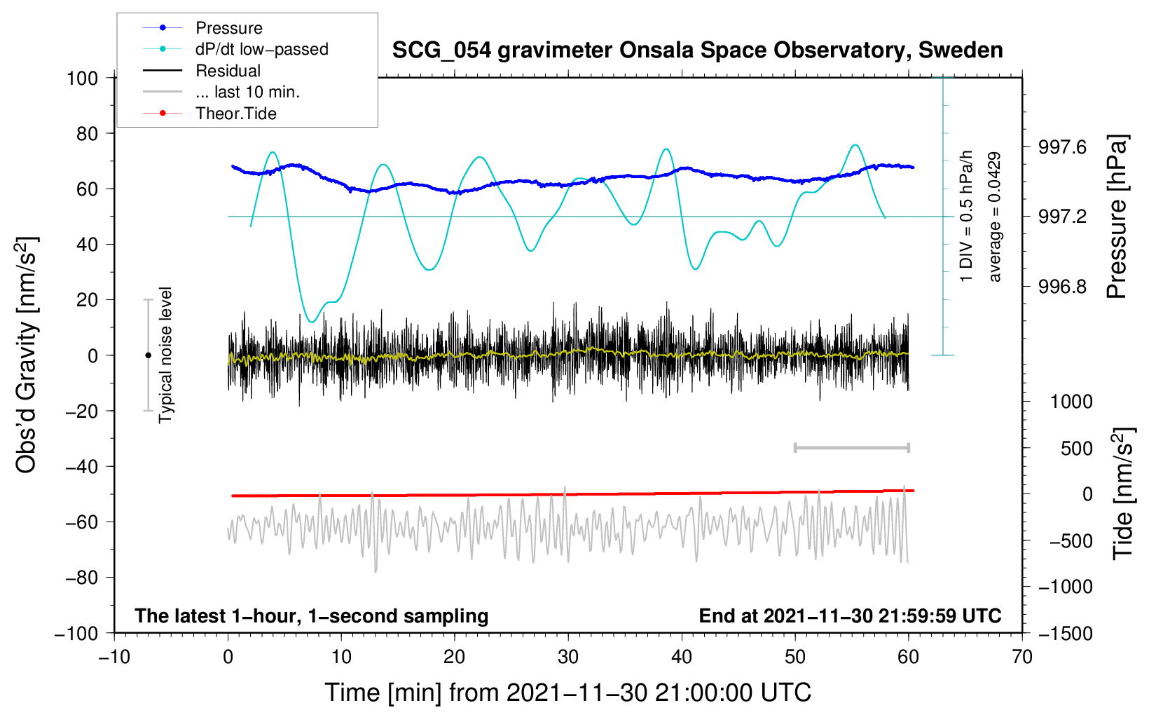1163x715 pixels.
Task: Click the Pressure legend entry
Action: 203,27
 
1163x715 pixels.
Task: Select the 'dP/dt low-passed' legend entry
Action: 235,49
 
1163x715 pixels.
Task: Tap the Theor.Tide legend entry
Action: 209,114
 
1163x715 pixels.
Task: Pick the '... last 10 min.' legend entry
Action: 221,92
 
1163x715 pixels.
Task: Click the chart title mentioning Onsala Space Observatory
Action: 697,50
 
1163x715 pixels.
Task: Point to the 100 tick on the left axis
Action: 82,79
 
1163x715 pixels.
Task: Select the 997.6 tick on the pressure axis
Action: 1061,147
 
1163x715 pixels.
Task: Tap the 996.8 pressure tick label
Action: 1061,286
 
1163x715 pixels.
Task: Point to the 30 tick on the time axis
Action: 568,658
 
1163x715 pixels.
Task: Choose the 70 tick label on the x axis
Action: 1022,658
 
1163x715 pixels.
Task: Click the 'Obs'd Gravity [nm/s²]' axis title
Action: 27,355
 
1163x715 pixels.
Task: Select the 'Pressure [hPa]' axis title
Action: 1117,217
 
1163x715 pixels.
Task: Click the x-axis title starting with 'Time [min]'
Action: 568,693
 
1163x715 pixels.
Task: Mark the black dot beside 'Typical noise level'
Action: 148,355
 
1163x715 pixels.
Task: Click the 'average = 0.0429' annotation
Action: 994,217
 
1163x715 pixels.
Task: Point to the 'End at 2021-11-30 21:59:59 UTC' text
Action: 851,615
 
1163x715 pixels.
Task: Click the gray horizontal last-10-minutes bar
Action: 852,448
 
